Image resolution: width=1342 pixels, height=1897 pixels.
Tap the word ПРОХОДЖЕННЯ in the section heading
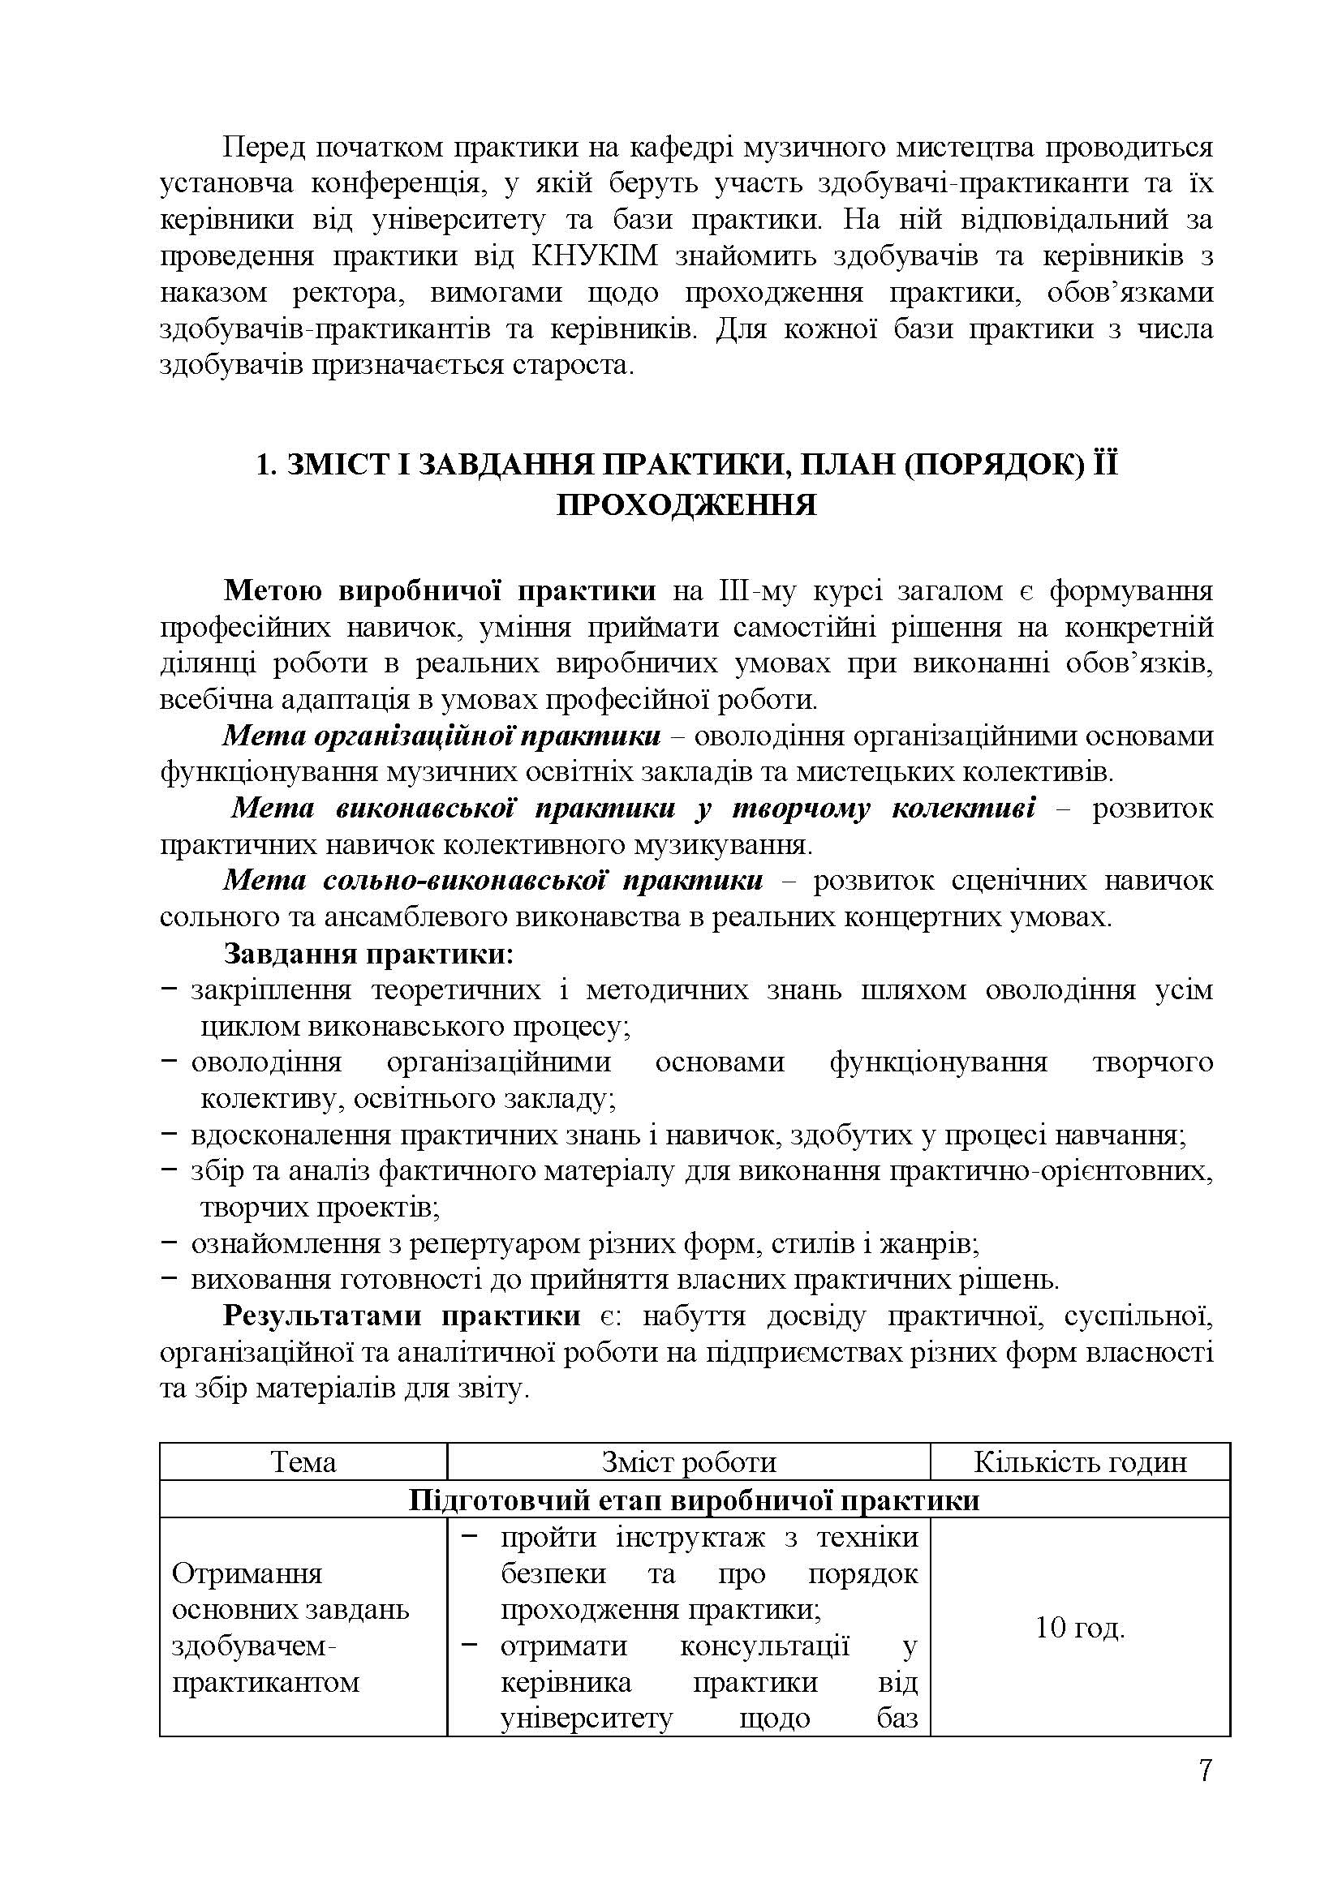pyautogui.click(x=686, y=504)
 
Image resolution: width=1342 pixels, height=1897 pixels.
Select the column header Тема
pyautogui.click(x=303, y=1462)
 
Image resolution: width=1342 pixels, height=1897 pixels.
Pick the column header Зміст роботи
pyautogui.click(x=688, y=1462)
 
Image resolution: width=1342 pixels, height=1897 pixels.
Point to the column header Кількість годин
pyautogui.click(x=1080, y=1462)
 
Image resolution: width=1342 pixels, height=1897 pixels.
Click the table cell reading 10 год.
pyautogui.click(x=1080, y=1628)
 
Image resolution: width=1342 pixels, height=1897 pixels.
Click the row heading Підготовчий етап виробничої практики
pyautogui.click(x=695, y=1500)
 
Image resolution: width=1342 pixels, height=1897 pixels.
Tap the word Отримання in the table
pyautogui.click(x=247, y=1573)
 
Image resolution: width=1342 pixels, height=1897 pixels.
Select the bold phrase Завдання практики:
pyautogui.click(x=368, y=955)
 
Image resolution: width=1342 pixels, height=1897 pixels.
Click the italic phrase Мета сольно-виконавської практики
pyautogui.click(x=493, y=881)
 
